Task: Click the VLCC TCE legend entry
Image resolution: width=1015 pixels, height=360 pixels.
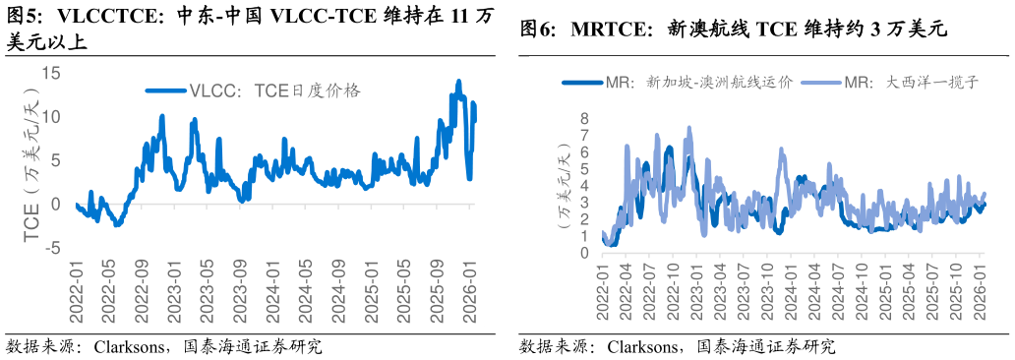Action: [254, 90]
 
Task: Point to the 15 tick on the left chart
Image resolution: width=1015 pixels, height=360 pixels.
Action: [51, 73]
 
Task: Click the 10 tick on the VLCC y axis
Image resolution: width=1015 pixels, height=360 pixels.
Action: [51, 116]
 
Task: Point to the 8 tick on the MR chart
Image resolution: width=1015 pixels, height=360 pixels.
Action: [583, 118]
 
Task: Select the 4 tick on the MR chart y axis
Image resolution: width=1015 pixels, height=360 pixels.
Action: [583, 185]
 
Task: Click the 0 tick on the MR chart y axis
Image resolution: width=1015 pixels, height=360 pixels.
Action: [583, 253]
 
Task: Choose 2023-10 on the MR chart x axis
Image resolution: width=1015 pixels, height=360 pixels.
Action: [768, 291]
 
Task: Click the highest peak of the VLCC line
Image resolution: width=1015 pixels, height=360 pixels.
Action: [458, 81]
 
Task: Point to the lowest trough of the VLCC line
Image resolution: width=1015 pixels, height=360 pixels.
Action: [118, 225]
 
